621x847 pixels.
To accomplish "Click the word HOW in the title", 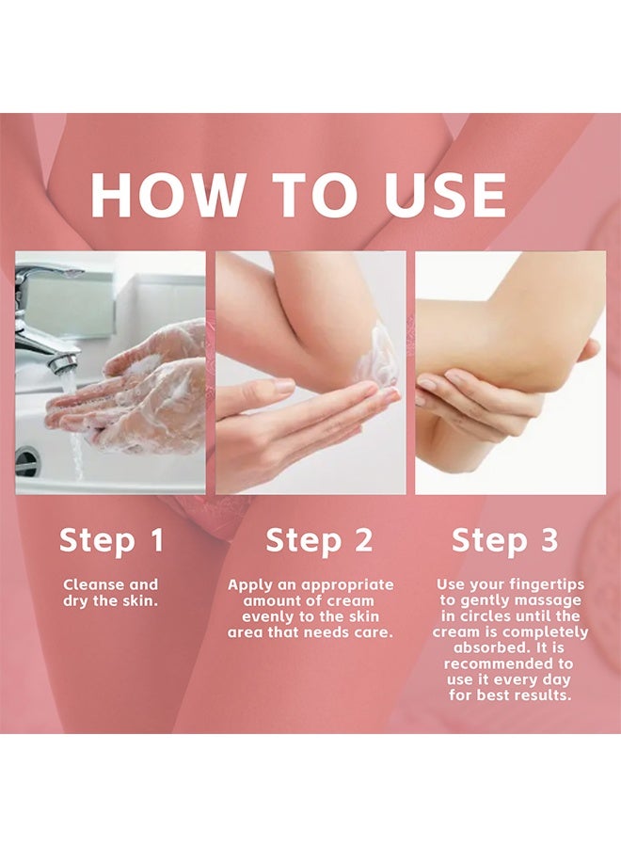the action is [167, 195].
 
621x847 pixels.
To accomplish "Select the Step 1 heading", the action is [111, 541].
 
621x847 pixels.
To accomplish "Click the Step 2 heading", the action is [319, 541].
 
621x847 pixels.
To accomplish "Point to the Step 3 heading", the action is [505, 541].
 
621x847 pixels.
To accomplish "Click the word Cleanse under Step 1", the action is [94, 584].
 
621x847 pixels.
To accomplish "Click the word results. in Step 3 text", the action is [541, 695].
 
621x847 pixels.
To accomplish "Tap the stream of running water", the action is [74, 426].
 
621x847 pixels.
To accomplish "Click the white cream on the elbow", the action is [383, 354].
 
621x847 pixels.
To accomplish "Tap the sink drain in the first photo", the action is [27, 462].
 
